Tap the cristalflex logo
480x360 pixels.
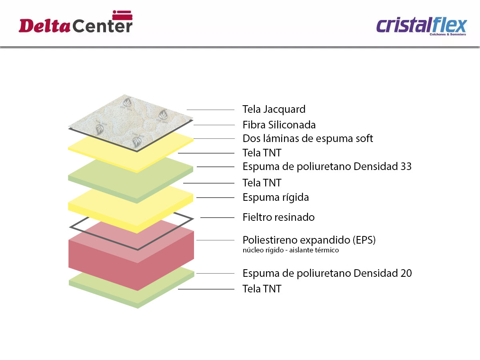coord(422,26)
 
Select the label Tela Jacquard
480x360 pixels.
coord(274,109)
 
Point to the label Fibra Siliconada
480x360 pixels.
coord(279,125)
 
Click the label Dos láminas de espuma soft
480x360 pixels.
coord(308,139)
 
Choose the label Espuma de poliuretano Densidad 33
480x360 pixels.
coord(327,166)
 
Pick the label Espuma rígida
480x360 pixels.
coord(276,197)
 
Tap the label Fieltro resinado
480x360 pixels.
coord(278,217)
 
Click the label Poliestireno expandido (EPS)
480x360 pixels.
coord(309,240)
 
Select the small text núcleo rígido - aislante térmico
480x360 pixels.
coord(291,250)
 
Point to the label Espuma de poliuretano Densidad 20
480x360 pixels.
coord(327,273)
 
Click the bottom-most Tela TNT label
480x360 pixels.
coord(262,288)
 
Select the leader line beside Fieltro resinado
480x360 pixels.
coord(217,218)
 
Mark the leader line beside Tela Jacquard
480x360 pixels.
coord(210,110)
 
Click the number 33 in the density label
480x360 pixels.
coord(406,166)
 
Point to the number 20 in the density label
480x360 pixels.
coord(406,273)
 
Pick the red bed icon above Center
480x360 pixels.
coord(122,15)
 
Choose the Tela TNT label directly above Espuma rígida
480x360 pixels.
coord(262,183)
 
